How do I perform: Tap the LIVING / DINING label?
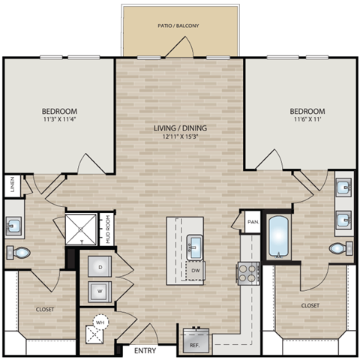pyautogui.click(x=180, y=127)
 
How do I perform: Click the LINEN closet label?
pyautogui.click(x=12, y=184)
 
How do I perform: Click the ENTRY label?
pyautogui.click(x=145, y=350)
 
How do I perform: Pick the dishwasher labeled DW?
pyautogui.click(x=194, y=269)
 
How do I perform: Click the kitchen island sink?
pyautogui.click(x=193, y=244)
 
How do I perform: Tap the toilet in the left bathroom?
pyautogui.click(x=19, y=253)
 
